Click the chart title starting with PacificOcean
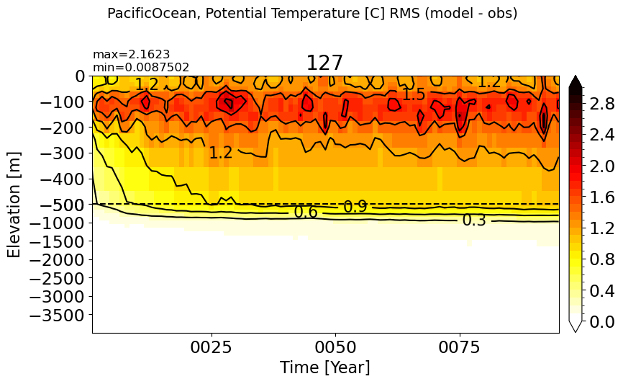(312, 14)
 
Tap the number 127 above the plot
(324, 63)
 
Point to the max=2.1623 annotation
(132, 54)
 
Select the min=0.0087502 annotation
(141, 67)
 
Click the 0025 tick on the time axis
(212, 347)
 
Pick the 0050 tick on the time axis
(336, 347)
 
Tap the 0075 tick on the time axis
(460, 347)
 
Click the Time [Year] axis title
(325, 367)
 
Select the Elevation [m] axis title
(14, 205)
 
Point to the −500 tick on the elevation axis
(63, 205)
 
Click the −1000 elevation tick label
(58, 223)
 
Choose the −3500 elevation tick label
(58, 315)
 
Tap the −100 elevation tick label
(63, 102)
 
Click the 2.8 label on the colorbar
(602, 104)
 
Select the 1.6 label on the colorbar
(602, 197)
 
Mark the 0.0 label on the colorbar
(602, 322)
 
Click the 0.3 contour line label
(474, 220)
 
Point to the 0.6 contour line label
(306, 213)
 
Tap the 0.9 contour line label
(355, 207)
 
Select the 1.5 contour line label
(414, 94)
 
